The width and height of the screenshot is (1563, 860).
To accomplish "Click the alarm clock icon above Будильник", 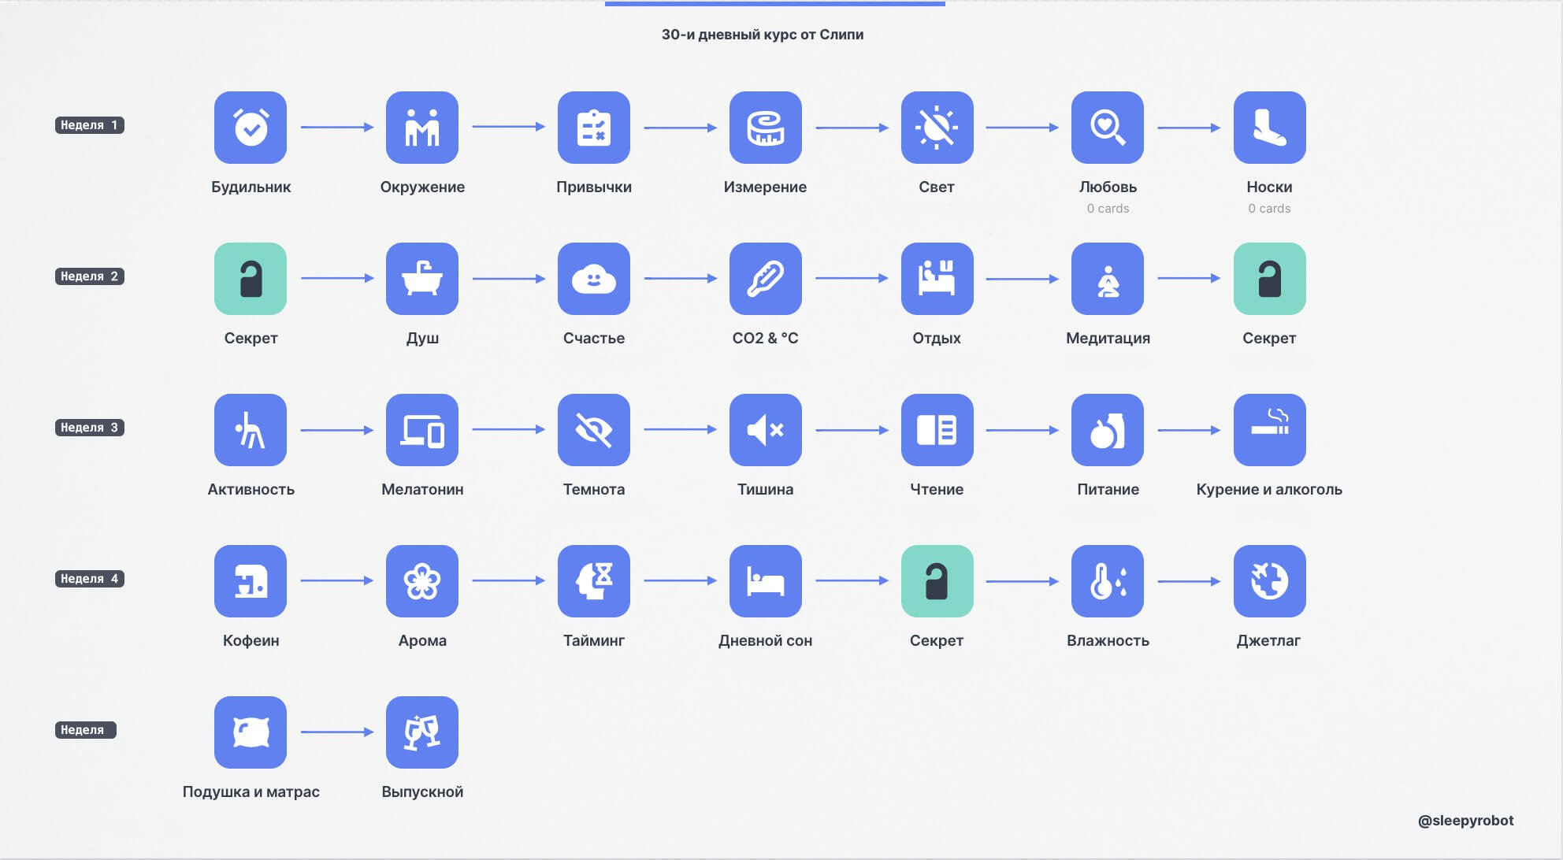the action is pyautogui.click(x=251, y=128).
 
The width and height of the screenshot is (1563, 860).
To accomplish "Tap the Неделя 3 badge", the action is pyautogui.click(x=89, y=428).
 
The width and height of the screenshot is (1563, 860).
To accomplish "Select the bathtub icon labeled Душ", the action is pyautogui.click(x=422, y=279).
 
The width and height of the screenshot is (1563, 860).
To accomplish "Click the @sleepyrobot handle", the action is pyautogui.click(x=1465, y=821).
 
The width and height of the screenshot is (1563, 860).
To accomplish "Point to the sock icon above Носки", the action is pyautogui.click(x=1270, y=128).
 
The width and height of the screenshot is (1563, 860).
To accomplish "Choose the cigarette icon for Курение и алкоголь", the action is pyautogui.click(x=1270, y=430).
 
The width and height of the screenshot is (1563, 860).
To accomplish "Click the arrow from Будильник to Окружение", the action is pyautogui.click(x=337, y=127).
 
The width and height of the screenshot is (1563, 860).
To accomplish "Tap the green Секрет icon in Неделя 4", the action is pyautogui.click(x=937, y=581).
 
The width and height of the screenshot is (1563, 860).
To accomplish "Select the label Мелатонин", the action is pyautogui.click(x=422, y=489).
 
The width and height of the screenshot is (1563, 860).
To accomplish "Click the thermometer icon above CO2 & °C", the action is pyautogui.click(x=766, y=279).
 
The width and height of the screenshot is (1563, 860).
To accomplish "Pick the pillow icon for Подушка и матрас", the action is pyautogui.click(x=251, y=732).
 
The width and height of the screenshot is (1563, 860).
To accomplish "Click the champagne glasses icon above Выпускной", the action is pyautogui.click(x=422, y=732).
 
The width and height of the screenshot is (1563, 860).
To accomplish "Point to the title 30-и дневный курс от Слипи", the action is pyautogui.click(x=763, y=35).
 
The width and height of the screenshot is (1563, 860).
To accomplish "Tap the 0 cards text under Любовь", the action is pyautogui.click(x=1108, y=209).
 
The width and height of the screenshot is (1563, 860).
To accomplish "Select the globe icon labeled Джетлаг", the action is pyautogui.click(x=1270, y=581).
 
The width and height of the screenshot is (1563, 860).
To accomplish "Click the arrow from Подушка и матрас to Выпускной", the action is pyautogui.click(x=337, y=732).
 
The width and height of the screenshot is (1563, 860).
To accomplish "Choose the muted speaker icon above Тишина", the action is pyautogui.click(x=766, y=430).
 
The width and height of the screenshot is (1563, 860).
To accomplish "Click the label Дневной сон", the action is pyautogui.click(x=766, y=640).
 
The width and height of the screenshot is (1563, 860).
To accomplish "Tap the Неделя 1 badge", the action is pyautogui.click(x=89, y=125).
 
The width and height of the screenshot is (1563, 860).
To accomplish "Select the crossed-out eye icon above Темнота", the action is pyautogui.click(x=594, y=430).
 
